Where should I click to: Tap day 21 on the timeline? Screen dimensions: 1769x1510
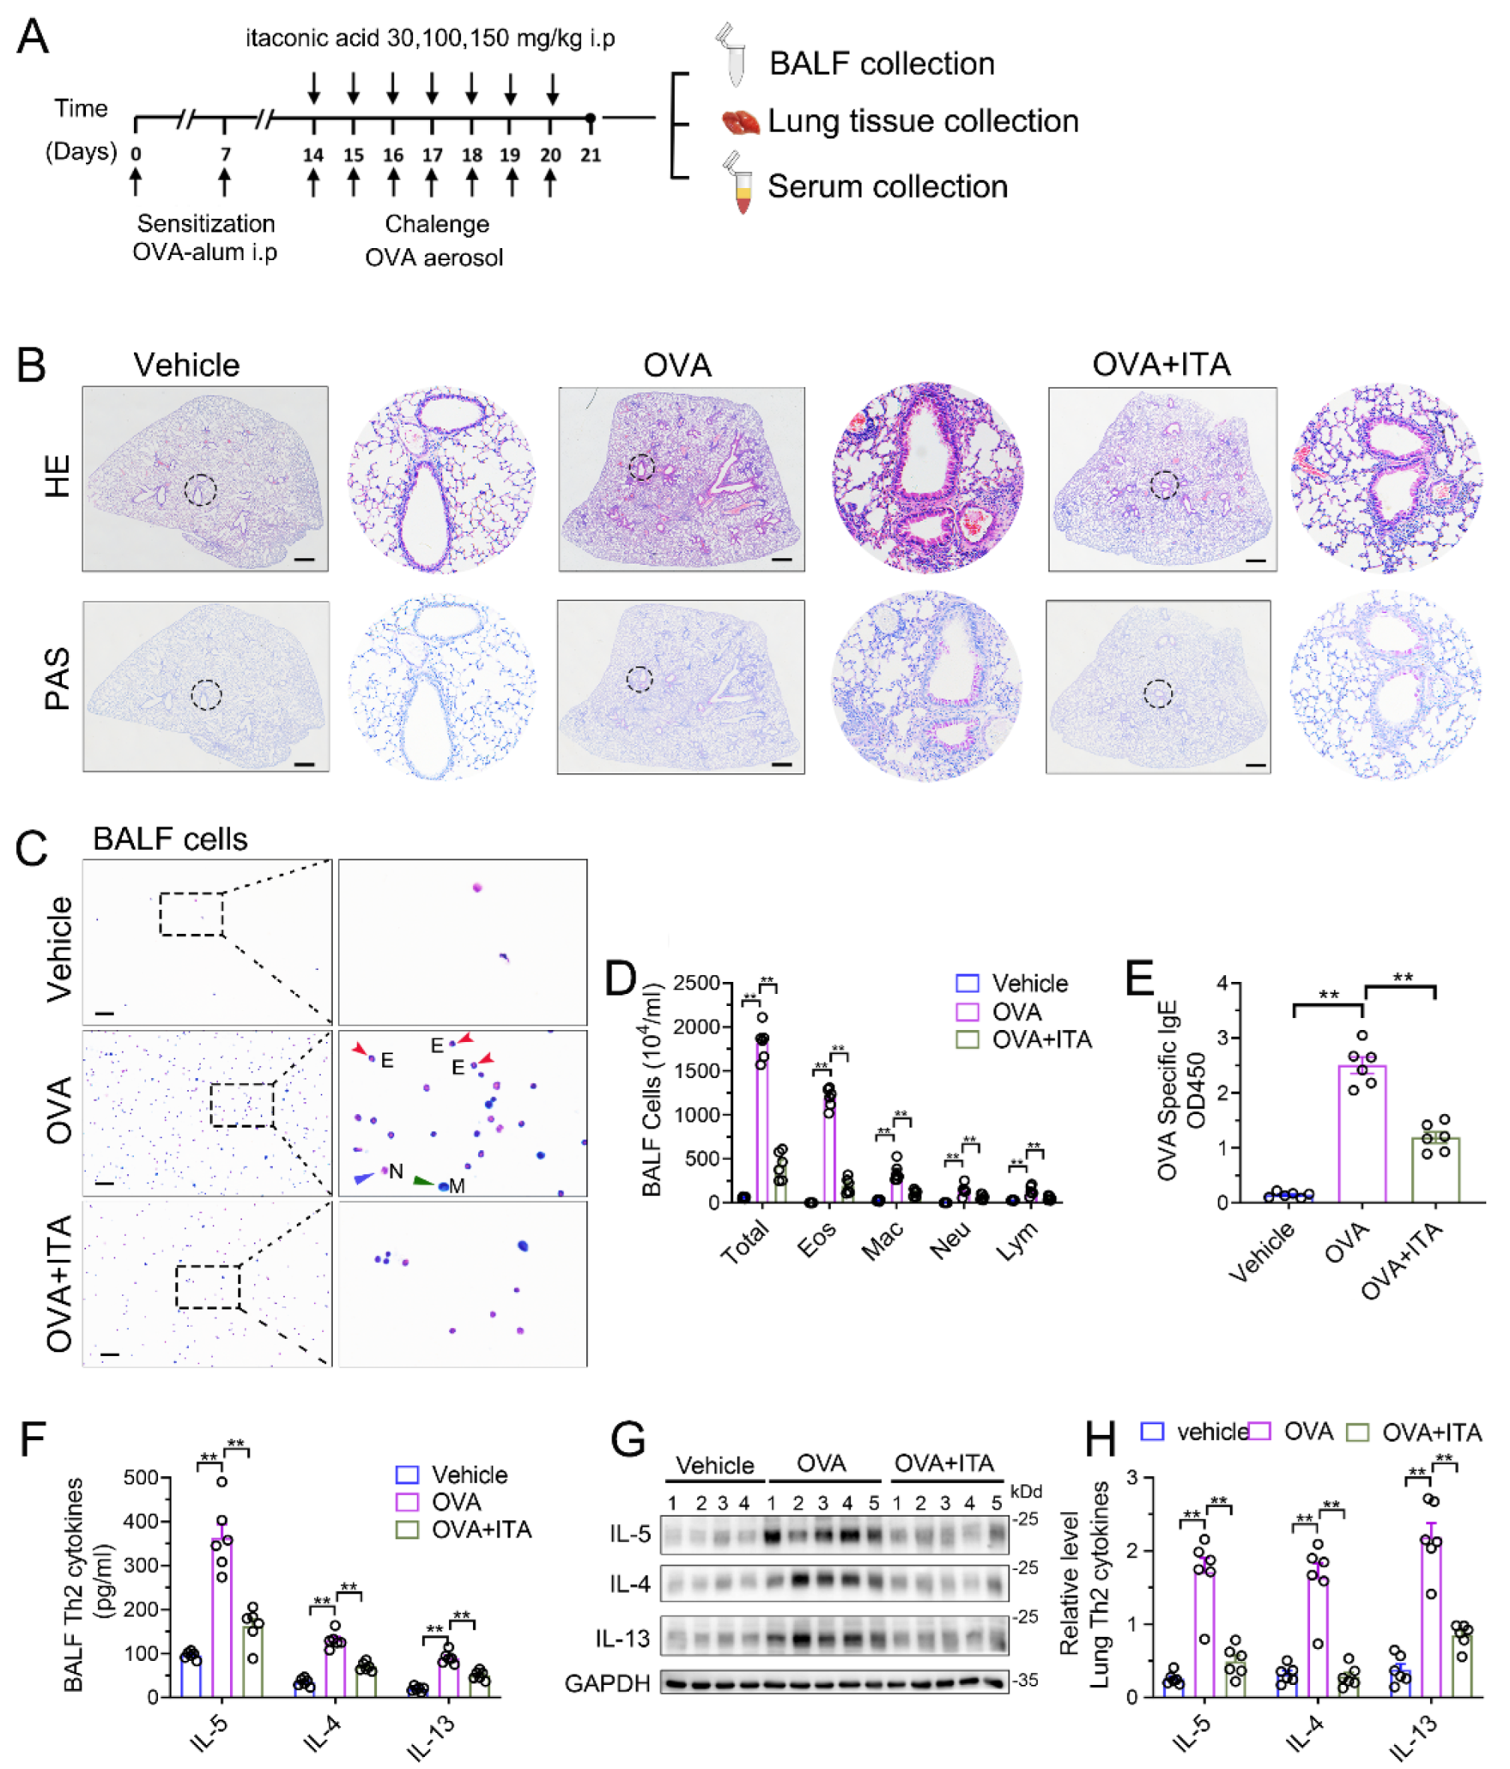tap(591, 155)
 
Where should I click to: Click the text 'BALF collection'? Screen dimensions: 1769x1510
tap(882, 64)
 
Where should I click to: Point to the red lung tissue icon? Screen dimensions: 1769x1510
tap(740, 122)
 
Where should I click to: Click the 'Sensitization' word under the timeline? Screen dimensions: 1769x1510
tap(206, 223)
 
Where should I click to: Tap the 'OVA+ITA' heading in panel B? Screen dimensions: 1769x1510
tap(1161, 365)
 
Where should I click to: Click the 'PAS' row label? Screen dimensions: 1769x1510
tap(58, 679)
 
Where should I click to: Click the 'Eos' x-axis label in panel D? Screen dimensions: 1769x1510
tap(816, 1240)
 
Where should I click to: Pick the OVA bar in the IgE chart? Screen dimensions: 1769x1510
tap(1361, 1133)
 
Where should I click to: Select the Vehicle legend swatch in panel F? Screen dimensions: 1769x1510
tap(407, 1475)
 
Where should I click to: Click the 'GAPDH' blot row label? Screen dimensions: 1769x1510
tap(607, 1683)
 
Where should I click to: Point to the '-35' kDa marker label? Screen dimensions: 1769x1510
tap(1026, 1680)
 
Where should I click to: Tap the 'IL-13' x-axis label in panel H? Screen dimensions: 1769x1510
tap(1413, 1738)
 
